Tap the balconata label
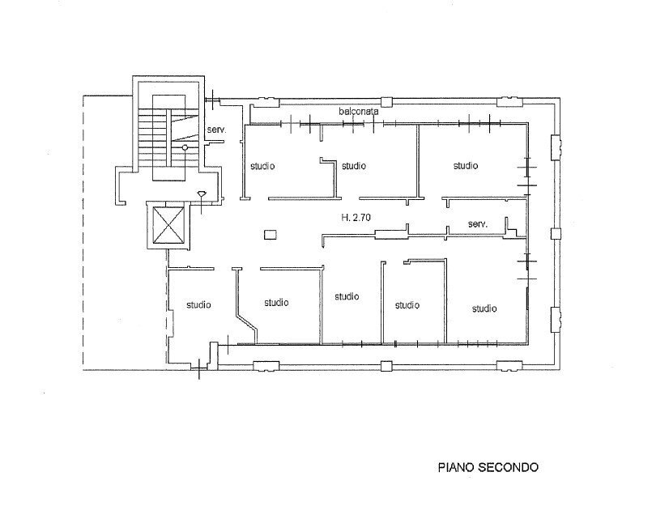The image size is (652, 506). point(358,112)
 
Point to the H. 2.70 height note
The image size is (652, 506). point(356,218)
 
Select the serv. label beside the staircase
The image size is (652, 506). point(215,130)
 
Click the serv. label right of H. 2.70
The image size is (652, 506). point(477,223)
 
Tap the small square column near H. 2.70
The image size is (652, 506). point(271,235)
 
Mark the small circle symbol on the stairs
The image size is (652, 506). point(185,148)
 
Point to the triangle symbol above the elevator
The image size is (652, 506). point(202,193)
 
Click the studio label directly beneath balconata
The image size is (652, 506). point(353,166)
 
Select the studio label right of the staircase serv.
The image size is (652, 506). point(262,166)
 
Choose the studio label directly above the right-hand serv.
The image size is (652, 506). point(465,165)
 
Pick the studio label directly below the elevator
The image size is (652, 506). point(198,305)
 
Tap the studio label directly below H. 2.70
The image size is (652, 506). point(347,296)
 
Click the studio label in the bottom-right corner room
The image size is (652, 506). point(484,308)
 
